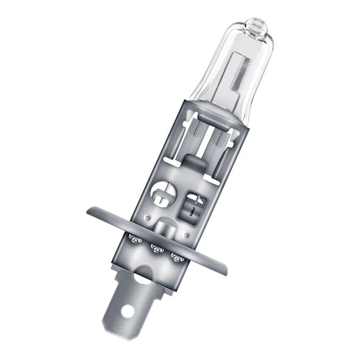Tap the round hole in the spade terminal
tap(128, 311)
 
